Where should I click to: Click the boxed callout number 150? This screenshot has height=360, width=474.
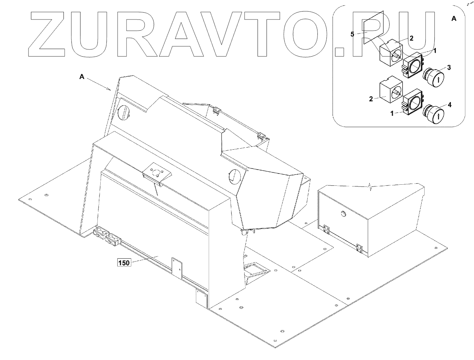(124, 263)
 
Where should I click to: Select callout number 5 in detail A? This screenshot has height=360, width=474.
(353, 34)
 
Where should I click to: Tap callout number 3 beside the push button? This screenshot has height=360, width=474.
(449, 67)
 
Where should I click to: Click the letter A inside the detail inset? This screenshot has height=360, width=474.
(454, 19)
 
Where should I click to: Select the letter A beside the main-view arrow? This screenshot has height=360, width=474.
(82, 76)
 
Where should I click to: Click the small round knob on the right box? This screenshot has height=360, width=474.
(343, 214)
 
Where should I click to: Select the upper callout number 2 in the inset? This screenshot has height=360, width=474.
(411, 38)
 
